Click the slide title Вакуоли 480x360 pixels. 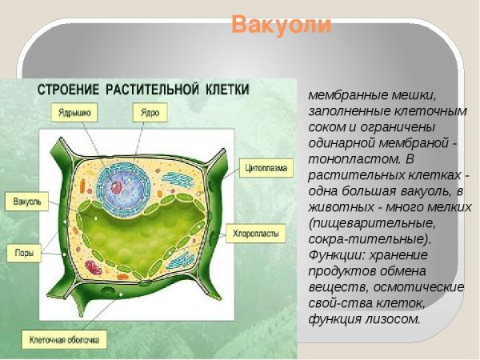click(281, 24)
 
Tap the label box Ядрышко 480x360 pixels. click(74, 113)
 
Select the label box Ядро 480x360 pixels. click(149, 113)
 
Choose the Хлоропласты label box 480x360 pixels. click(256, 234)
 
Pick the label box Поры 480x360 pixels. click(24, 253)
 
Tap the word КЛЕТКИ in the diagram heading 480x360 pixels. click(228, 89)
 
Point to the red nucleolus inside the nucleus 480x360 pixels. click(117, 187)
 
